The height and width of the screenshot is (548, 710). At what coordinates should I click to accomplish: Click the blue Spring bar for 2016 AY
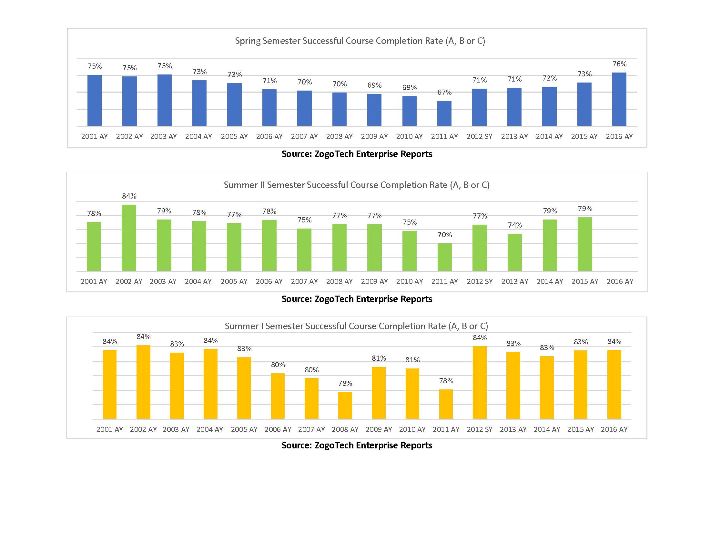[619, 99]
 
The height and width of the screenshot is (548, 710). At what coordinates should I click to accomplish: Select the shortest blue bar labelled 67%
[444, 113]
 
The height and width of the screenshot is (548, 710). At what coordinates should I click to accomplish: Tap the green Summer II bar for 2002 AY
[129, 238]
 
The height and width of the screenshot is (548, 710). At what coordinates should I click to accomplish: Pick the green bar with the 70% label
[444, 257]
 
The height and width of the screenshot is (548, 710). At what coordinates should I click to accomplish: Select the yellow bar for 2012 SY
[480, 382]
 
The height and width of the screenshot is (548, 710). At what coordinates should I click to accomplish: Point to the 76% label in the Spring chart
[619, 64]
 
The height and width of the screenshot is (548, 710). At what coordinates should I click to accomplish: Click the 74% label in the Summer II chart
[515, 225]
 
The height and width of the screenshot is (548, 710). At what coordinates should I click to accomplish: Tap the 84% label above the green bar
[129, 196]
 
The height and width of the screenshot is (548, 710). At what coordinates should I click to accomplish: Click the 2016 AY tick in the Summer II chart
[620, 281]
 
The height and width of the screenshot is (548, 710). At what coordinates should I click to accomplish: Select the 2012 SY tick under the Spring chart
[479, 136]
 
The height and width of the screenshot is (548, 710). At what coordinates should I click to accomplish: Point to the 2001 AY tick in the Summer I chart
[109, 429]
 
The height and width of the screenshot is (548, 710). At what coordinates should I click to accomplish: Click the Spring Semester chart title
[360, 41]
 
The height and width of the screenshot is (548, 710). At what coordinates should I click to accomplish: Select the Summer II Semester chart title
[357, 185]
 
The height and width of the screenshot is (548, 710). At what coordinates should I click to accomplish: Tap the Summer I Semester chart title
[356, 326]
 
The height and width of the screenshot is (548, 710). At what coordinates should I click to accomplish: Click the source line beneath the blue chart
[357, 154]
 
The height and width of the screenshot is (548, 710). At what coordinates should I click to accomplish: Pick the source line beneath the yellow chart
[357, 445]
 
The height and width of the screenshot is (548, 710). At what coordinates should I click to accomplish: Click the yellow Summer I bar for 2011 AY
[446, 404]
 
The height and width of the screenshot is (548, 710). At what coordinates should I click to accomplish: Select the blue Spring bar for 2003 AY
[165, 100]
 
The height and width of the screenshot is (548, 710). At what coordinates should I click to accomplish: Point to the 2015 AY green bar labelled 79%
[584, 244]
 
